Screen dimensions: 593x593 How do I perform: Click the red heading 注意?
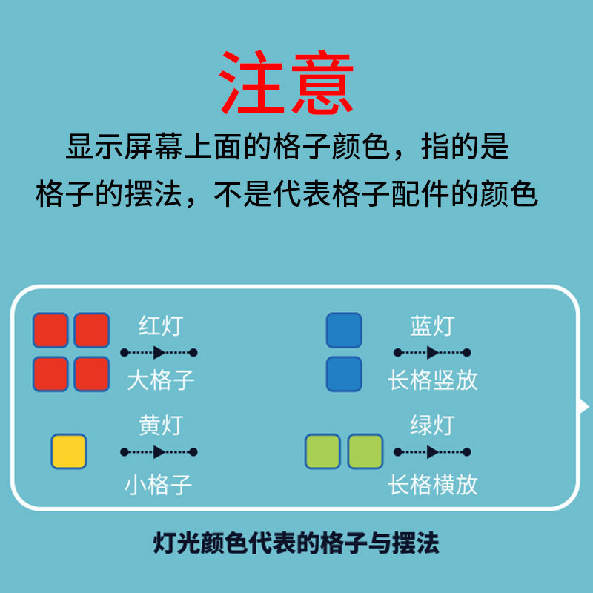coord(287,82)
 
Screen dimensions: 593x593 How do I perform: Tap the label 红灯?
coord(160,325)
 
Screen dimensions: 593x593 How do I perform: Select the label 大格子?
coord(160,380)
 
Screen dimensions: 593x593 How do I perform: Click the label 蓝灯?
coord(431,325)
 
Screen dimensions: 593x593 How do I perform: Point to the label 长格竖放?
coord(433,380)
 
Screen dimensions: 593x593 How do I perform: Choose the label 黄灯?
coord(160,425)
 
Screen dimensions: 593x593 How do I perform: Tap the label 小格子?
coord(159,486)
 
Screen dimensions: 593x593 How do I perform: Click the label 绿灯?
coord(431,425)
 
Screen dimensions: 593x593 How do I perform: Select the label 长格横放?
coord(433,486)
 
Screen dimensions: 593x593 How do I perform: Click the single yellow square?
coord(69,451)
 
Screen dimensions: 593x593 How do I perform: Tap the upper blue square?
coord(344,331)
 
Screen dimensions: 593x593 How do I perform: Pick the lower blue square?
coord(344,374)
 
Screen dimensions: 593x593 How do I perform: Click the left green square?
coord(322,451)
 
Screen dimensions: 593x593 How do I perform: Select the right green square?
coord(365,451)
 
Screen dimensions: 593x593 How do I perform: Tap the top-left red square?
coord(50,331)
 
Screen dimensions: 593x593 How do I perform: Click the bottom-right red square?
coord(92,374)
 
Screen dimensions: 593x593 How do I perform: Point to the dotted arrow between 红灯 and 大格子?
coord(159,352)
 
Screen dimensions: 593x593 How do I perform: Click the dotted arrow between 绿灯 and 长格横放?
coord(432,451)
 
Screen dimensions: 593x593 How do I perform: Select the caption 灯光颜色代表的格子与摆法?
coord(296,543)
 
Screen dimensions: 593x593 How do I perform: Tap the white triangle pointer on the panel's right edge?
coord(584,406)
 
